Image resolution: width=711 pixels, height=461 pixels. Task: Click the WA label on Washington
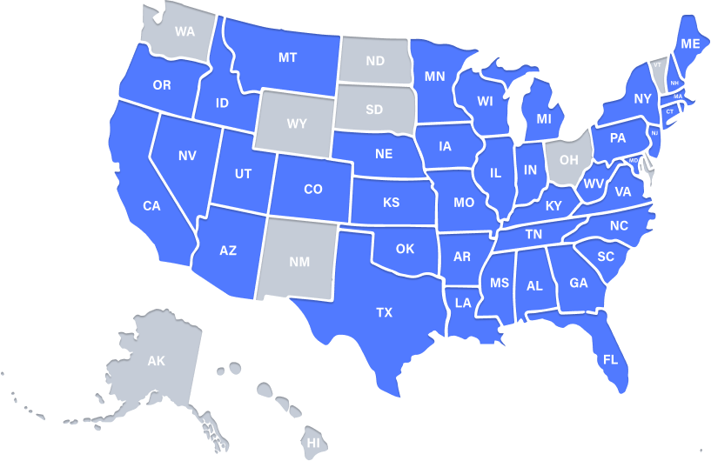184,31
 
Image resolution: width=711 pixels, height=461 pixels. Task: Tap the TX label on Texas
384,312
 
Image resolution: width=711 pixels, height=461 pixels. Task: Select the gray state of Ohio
568,160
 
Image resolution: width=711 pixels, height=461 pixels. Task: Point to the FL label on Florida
609,359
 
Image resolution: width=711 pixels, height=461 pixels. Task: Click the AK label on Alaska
156,360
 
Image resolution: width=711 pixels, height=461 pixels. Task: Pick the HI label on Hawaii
312,444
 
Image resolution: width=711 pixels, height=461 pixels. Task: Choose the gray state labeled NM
298,261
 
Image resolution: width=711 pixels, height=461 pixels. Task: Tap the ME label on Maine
690,43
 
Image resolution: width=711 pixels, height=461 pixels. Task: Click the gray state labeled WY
296,124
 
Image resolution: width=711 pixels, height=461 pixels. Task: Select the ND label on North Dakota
375,61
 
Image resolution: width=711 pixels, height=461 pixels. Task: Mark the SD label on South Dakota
374,110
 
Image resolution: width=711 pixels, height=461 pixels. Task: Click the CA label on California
151,206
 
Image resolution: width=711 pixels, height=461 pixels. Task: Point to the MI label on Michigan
544,118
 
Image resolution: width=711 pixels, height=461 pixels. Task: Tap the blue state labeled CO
313,189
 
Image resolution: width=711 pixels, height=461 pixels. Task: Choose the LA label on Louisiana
462,303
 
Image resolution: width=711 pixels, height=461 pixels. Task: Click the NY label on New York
642,98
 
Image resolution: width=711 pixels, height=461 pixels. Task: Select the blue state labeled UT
243,174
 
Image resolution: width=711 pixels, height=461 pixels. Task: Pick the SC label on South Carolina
606,257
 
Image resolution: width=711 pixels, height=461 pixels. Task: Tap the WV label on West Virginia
594,184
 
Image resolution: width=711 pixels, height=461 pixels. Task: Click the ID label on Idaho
222,103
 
